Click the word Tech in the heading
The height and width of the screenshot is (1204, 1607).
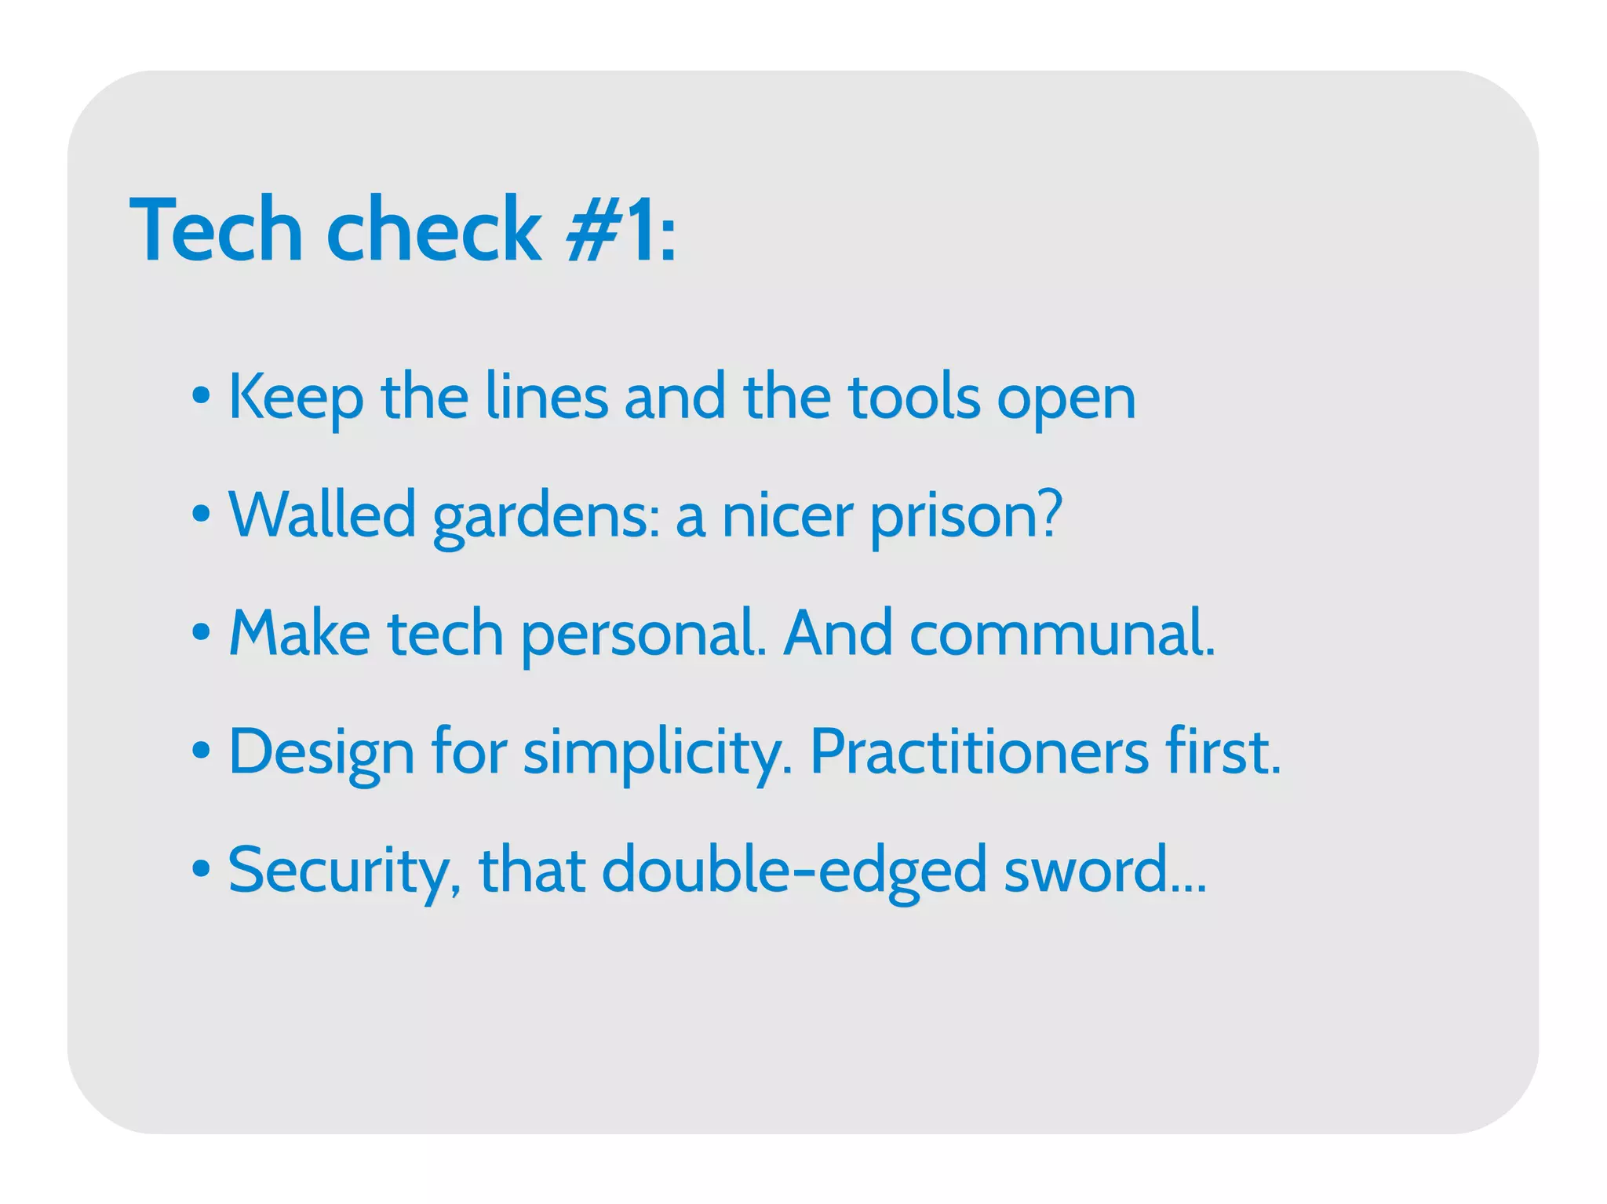point(217,231)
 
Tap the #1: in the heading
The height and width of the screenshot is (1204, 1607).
point(620,231)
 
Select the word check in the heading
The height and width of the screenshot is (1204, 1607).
point(433,231)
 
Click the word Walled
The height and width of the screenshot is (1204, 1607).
point(322,515)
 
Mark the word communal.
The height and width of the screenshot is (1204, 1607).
point(1062,633)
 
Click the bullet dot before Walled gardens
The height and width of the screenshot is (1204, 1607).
point(202,515)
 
